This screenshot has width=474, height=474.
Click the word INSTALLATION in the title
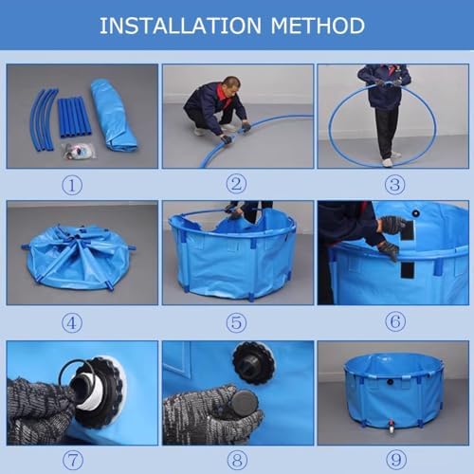click(181, 26)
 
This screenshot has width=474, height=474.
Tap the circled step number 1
click(73, 185)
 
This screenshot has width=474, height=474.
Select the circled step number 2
click(236, 185)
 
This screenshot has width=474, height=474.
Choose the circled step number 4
click(73, 322)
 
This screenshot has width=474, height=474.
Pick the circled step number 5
click(236, 322)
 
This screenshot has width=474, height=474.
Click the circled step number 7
click(73, 460)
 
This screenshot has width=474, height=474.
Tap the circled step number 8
click(236, 460)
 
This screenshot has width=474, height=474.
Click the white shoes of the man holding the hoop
click(387, 162)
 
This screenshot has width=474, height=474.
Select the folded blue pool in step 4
click(78, 256)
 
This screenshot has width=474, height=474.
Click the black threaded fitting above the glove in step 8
click(252, 362)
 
